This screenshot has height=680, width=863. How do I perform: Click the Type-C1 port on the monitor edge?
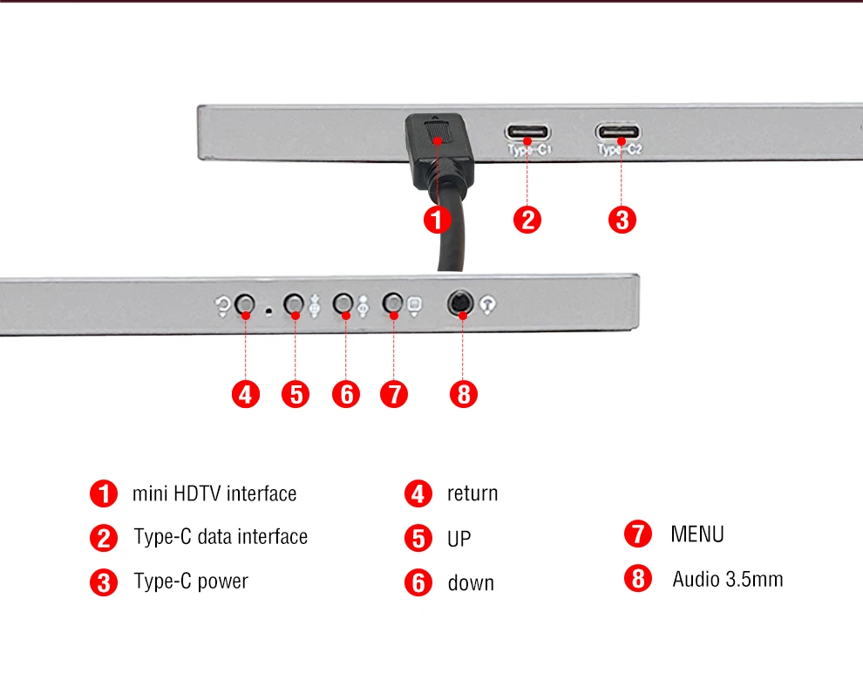point(527,133)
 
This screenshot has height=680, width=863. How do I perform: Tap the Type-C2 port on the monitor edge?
point(618,132)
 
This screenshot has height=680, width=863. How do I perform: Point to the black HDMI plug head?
point(439,150)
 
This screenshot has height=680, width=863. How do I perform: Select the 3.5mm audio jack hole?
point(460,303)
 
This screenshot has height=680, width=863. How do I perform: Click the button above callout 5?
point(294,303)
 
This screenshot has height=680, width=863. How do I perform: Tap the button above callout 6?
point(343,303)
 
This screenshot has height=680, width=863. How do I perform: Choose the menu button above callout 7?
point(392,303)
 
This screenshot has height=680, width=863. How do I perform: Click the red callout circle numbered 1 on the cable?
point(438,221)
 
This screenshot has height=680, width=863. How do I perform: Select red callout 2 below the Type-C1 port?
point(527,220)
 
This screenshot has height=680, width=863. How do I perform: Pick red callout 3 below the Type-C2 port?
point(622,220)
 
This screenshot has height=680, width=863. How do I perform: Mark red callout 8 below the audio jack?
point(464,394)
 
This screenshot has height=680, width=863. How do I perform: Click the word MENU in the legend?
point(697,534)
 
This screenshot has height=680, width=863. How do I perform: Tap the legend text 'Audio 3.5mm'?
point(728,579)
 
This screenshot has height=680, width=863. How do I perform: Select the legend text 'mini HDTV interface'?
point(214,493)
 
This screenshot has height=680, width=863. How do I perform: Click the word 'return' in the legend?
point(472,493)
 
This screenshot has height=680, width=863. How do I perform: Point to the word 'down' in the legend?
point(471,582)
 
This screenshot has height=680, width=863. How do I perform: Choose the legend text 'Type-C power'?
point(191,581)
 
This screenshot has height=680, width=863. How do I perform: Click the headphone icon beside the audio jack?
point(487,304)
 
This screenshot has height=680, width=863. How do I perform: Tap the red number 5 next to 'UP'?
point(418,538)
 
